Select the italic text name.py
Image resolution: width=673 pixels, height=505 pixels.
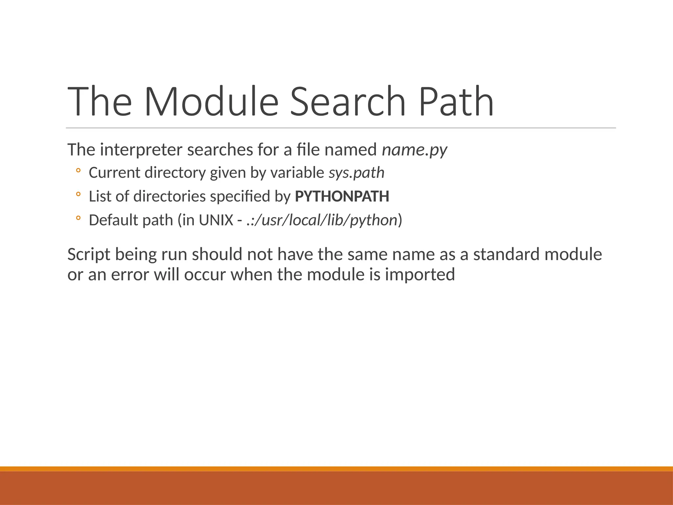pos(414,150)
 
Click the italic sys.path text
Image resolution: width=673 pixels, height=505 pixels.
pos(357,173)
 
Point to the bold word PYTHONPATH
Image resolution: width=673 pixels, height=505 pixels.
pos(342,196)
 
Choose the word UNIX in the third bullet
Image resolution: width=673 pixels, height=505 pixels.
pos(216,220)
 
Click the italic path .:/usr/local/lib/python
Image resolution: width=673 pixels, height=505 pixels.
pos(322,220)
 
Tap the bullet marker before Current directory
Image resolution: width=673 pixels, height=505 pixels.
pos(78,171)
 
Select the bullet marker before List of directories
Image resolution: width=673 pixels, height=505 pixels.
pos(78,194)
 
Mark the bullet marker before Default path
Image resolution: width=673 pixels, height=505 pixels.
pos(78,218)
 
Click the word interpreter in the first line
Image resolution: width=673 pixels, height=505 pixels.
pos(141,150)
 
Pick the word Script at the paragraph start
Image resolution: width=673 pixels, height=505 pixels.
pos(89,254)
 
